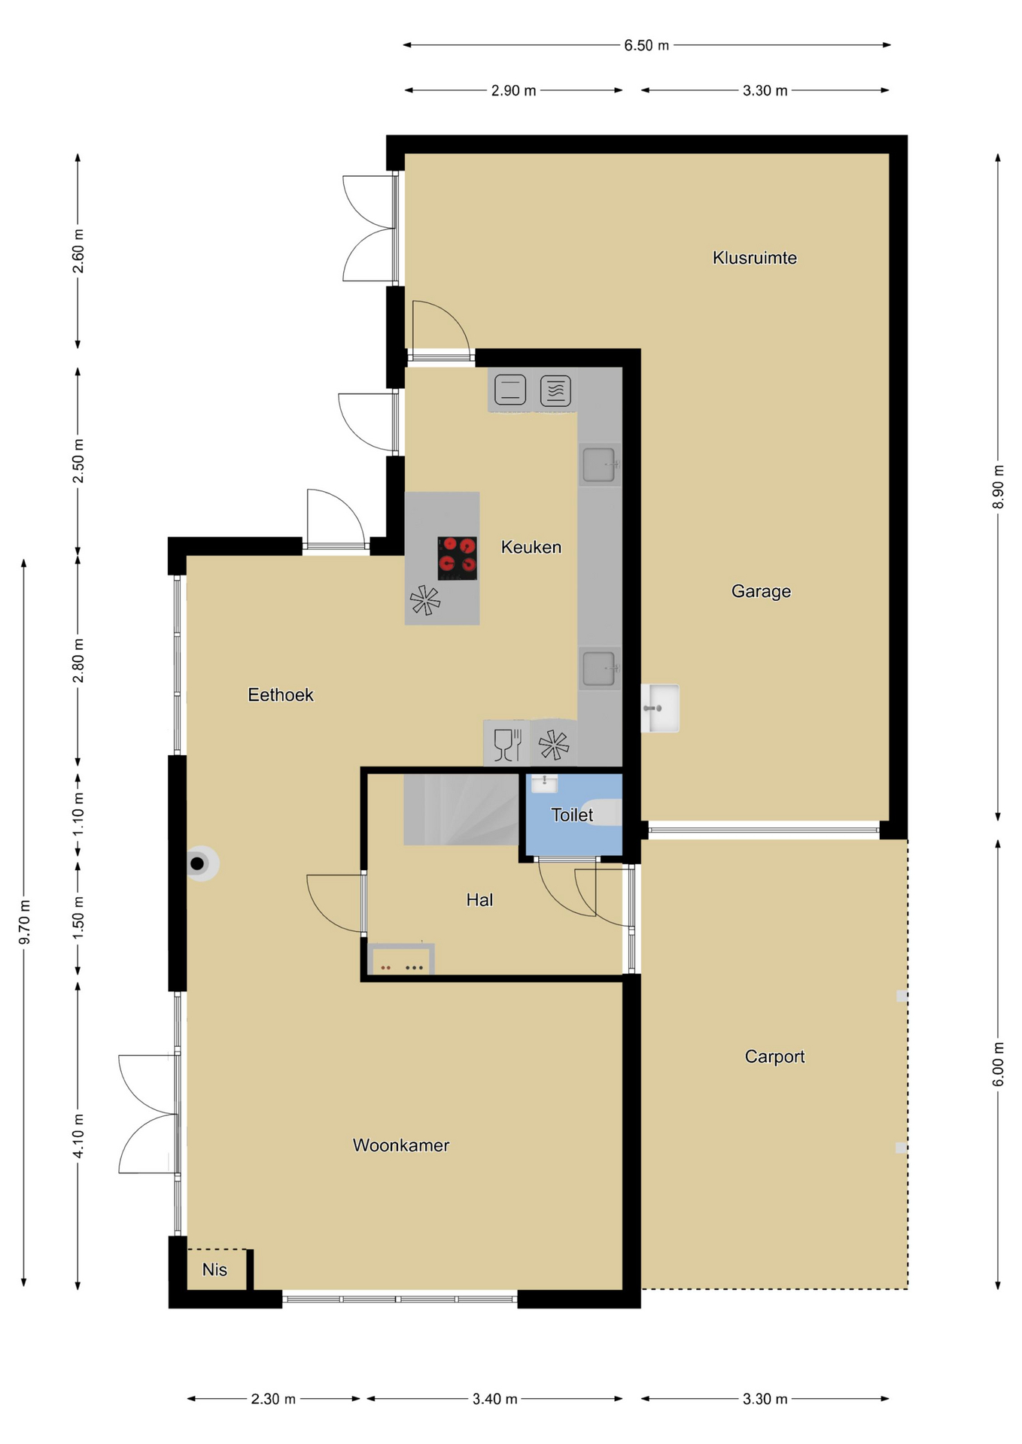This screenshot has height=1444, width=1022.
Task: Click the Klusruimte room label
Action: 754,258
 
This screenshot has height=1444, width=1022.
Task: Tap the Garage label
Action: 761,591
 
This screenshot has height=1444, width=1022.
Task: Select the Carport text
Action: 774,1057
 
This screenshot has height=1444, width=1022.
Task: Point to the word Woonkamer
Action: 401,1145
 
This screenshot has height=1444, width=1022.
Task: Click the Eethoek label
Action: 281,695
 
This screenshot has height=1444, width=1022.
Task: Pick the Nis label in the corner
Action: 214,1270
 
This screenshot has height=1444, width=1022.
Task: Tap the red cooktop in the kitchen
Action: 457,558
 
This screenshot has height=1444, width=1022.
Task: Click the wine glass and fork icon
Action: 507,745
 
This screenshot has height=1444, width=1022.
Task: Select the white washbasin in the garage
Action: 660,708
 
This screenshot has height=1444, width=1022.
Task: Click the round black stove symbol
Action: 199,863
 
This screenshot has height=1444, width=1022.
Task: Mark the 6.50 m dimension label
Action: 646,46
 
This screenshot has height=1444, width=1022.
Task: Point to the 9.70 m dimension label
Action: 25,922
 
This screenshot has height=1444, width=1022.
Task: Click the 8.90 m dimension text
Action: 998,487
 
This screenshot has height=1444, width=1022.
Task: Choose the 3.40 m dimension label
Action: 494,1399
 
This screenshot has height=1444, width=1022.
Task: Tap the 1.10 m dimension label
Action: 78,815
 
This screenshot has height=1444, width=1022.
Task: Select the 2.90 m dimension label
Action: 514,91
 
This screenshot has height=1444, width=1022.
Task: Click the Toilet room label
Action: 572,815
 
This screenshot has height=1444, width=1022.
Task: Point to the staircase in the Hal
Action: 461,809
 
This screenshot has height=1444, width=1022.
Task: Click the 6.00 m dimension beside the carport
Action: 998,1064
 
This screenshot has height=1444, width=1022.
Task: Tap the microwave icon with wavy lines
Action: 555,390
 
